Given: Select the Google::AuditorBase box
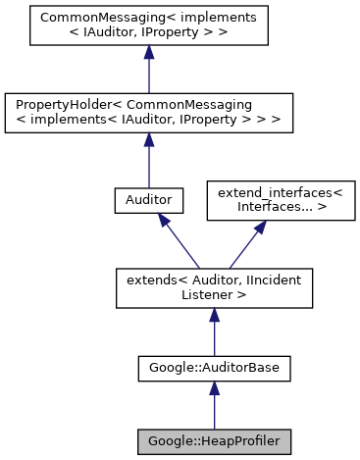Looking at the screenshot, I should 214,370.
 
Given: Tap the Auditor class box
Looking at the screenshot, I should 147,200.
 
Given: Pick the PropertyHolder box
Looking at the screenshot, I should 147,111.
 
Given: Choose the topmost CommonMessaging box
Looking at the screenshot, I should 147,26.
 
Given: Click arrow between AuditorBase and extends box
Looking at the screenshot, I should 214,333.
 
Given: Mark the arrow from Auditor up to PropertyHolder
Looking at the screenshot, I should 147,157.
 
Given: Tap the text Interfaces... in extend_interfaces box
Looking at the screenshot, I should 253,208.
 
